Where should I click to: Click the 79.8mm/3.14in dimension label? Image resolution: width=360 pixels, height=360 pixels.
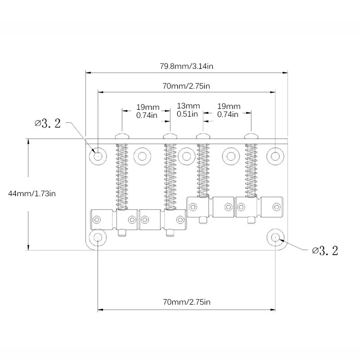point(186,66)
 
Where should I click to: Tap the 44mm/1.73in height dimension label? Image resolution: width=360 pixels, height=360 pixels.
point(32,193)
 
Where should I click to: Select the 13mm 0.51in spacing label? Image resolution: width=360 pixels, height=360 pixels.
point(188,110)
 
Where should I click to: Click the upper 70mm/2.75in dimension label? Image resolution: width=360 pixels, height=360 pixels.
point(186,86)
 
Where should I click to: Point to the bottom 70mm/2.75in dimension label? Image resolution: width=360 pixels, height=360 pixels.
point(187,301)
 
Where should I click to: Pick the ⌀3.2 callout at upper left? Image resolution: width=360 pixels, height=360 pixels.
point(48,123)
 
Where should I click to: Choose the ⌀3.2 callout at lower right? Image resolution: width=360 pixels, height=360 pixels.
point(325,251)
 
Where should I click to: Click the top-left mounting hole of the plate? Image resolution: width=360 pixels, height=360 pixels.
point(98,156)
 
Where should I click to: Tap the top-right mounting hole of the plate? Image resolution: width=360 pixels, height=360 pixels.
point(275,156)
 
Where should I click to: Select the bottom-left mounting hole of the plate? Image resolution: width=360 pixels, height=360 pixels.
point(98,237)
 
